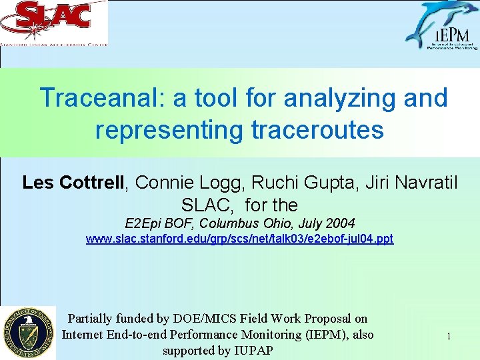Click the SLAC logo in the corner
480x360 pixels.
coord(54,23)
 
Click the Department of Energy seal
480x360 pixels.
coord(27,333)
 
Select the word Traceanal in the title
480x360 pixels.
coord(103,98)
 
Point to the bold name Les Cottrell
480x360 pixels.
coord(74,183)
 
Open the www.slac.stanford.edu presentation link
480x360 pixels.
coord(239,239)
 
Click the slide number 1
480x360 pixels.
coord(449,336)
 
